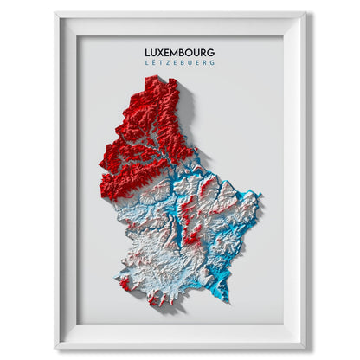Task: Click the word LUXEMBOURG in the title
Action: tap(180, 52)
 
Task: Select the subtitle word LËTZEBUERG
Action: tap(180, 63)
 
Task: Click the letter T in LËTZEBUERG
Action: tap(162, 63)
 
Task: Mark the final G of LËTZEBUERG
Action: tap(212, 63)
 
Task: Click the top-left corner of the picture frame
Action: tap(54, 12)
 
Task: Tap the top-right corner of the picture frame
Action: tap(307, 12)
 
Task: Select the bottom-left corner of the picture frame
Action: tap(54, 349)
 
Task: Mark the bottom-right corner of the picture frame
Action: tap(307, 349)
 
